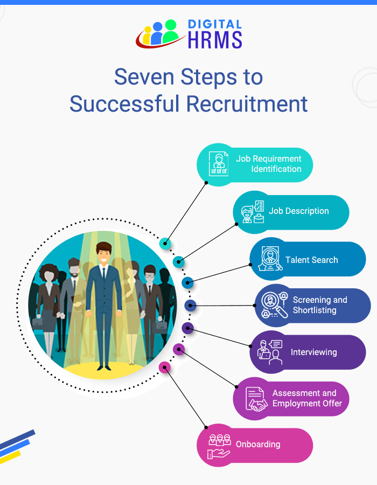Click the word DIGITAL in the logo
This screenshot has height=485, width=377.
coord(214,24)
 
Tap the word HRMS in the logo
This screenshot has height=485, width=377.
coord(214,40)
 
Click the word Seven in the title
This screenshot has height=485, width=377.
coord(142,77)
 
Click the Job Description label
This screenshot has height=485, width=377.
coord(298,211)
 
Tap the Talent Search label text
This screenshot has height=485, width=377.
coord(311,260)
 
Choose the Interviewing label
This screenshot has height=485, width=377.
coord(313,352)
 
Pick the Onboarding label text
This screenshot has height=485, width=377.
coord(258,445)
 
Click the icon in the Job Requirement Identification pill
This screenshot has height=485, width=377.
coord(218,164)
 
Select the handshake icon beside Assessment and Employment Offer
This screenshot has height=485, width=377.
coord(255,399)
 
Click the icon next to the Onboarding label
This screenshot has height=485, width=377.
coord(219,446)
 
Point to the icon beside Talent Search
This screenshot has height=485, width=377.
coord(269,259)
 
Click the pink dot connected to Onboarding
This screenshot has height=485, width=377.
coord(165,368)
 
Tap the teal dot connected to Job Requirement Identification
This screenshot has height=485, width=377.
coord(165,243)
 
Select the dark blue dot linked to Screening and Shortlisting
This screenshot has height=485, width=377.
coord(190,306)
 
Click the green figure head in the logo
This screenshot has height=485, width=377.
coord(171,25)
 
